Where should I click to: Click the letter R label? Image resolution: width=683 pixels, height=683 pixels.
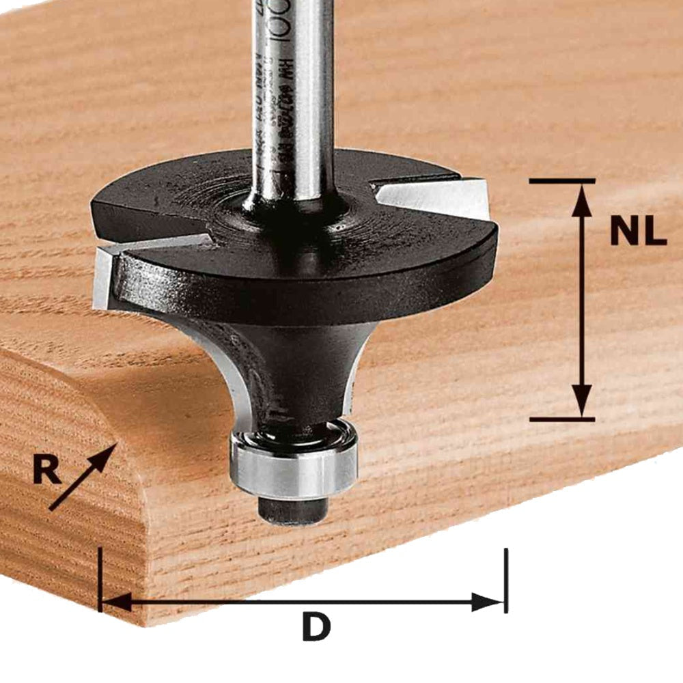tap(46, 472)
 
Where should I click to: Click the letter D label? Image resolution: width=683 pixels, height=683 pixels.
tap(316, 627)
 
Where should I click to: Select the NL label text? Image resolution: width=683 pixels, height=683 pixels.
tap(638, 233)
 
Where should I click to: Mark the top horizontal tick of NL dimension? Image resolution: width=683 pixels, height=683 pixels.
tap(561, 181)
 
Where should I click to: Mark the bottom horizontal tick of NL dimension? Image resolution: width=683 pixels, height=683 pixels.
tap(561, 418)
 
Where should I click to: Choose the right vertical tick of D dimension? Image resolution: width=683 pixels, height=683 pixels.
tap(506, 581)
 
